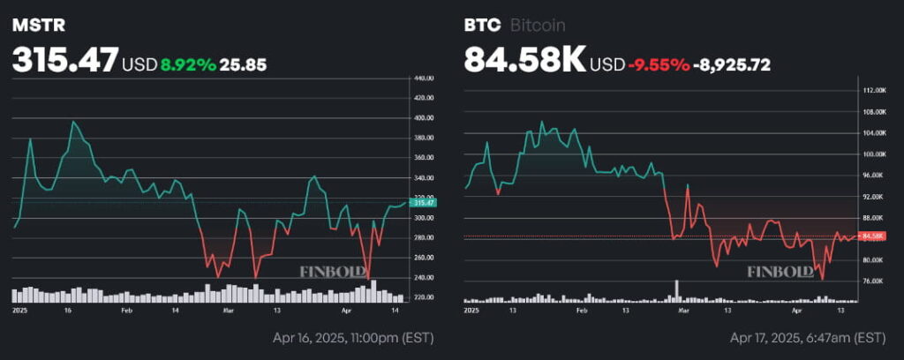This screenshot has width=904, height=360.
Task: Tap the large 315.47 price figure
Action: [x=64, y=61]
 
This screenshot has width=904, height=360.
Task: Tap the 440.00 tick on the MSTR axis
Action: [x=425, y=79]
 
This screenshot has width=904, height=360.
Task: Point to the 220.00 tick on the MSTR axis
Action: [x=425, y=297]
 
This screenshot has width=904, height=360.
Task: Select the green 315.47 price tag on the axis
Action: [x=425, y=203]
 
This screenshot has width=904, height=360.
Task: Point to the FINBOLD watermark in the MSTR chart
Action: [x=333, y=272]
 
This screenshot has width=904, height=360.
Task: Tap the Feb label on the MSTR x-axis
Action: [x=127, y=311]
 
